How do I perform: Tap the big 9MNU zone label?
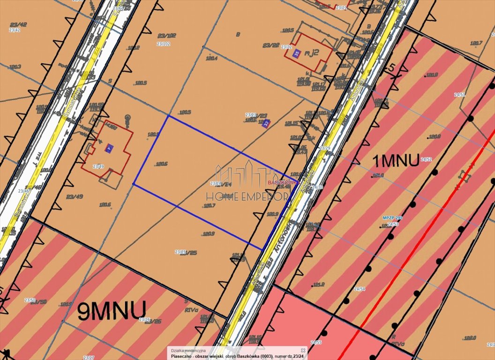pos(112,310)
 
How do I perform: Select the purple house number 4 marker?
pos(109,147)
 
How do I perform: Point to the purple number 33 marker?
pos(266,123)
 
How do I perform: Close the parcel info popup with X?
pos(303,350)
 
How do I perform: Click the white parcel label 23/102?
pos(163,44)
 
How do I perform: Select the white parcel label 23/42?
pos(15,30)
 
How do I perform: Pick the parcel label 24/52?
pos(426,159)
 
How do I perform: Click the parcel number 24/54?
pos(360,289)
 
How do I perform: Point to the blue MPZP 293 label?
pos(392,218)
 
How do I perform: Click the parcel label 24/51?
pos(459,95)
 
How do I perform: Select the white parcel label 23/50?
pos(30,300)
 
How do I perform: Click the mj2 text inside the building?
pos(312,52)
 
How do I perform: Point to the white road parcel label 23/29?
pos(324,148)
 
